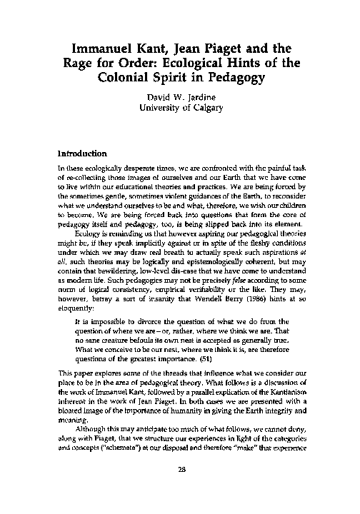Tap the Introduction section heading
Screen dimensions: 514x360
[82, 153]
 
